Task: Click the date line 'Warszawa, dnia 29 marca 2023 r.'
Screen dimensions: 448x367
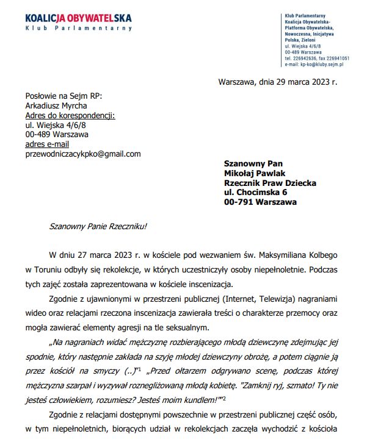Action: tap(277, 82)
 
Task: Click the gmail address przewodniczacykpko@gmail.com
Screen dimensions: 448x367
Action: tap(82, 154)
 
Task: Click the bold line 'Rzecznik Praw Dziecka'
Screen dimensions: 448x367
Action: tap(270, 183)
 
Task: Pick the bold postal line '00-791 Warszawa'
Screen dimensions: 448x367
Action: tap(260, 202)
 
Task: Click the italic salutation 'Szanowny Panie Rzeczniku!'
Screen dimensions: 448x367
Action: tap(98, 227)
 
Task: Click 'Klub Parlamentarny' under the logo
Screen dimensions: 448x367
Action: tap(78, 29)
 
